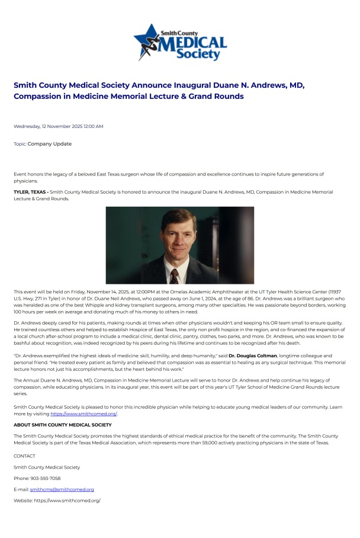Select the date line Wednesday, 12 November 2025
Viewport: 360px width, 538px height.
click(58, 126)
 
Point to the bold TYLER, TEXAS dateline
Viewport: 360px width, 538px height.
click(31, 193)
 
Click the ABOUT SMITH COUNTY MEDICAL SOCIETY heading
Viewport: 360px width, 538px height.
click(62, 425)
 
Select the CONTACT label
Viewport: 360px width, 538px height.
click(24, 456)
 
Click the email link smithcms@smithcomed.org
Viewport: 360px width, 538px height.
click(62, 489)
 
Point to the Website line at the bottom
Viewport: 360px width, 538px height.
click(57, 501)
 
